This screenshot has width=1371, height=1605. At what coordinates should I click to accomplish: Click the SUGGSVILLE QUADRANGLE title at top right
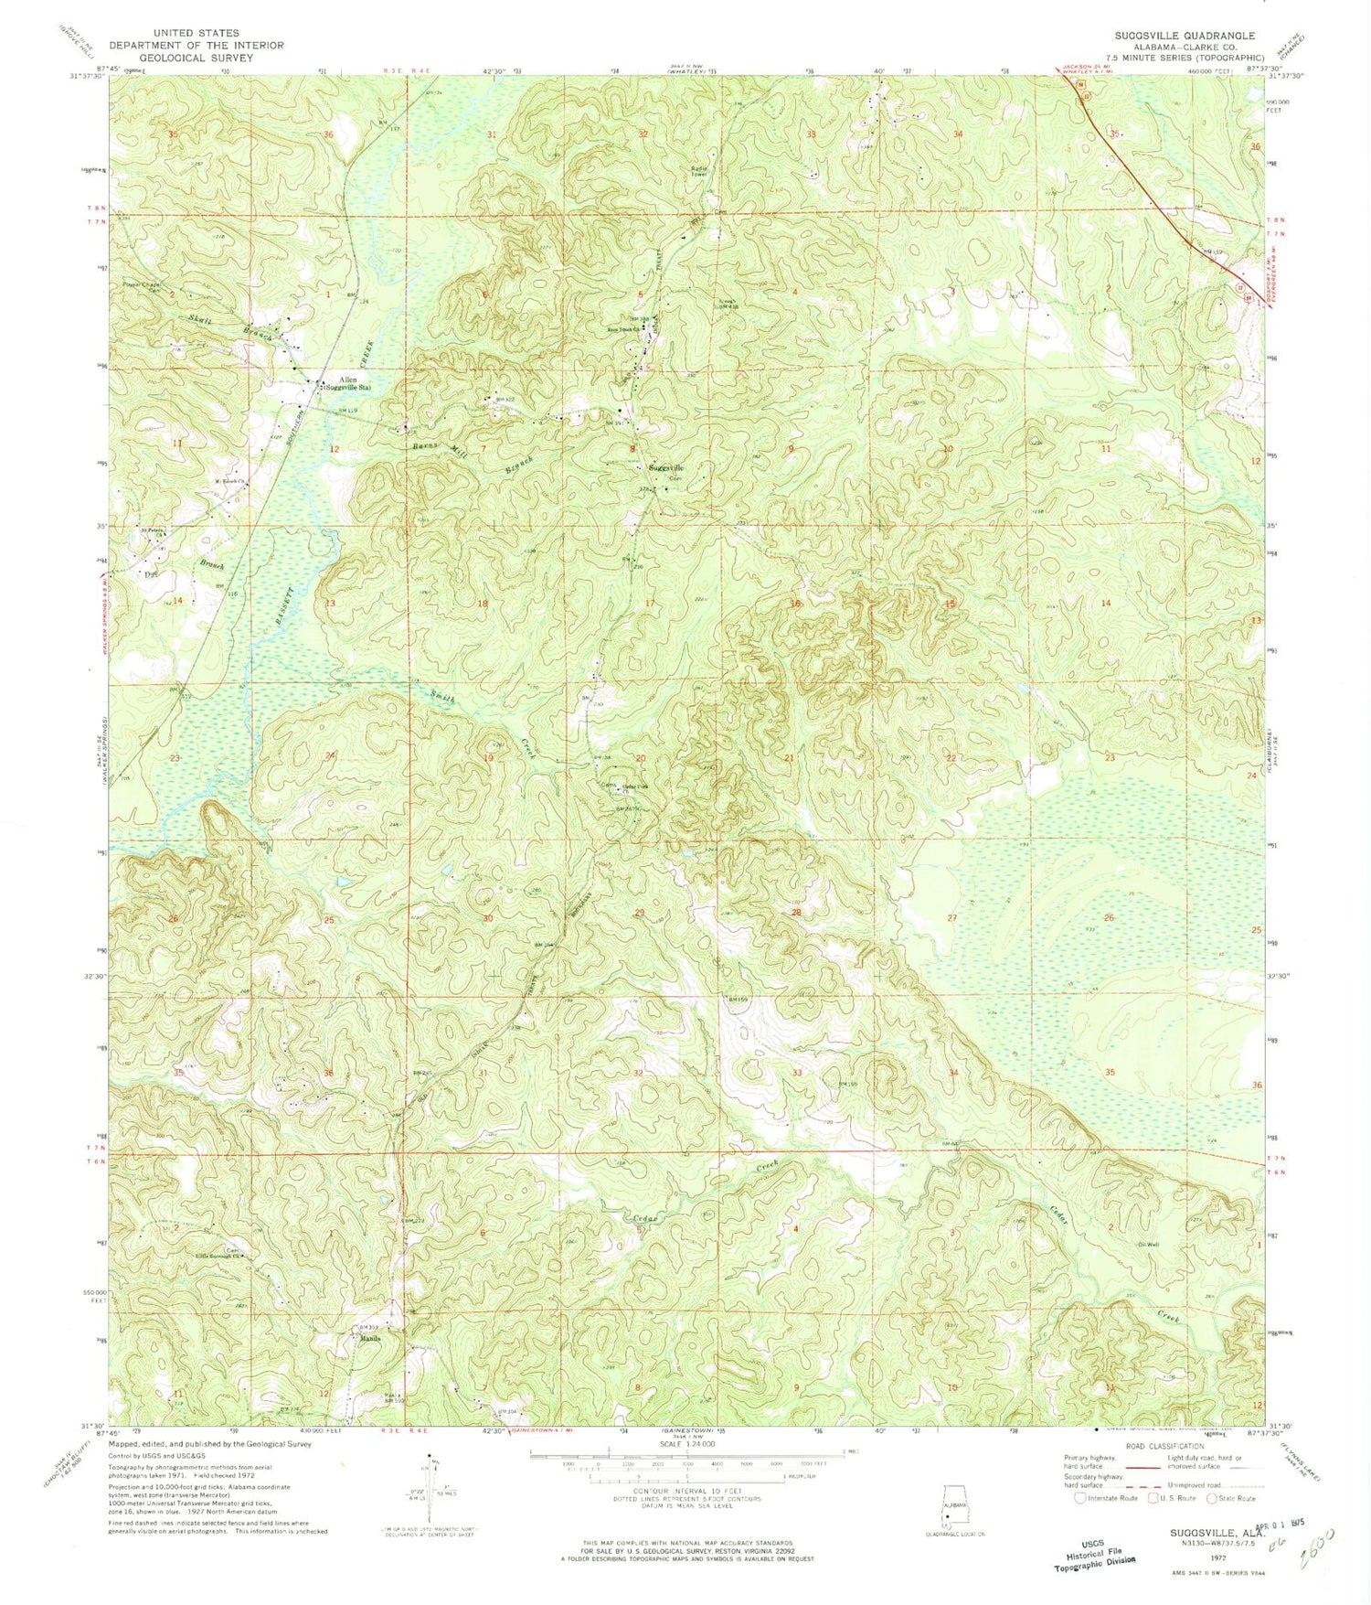pos(1184,35)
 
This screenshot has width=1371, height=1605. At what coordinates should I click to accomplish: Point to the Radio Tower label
pos(700,172)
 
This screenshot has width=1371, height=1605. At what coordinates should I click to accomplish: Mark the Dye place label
pos(151,574)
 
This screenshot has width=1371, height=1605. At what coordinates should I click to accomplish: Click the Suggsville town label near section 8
pos(665,468)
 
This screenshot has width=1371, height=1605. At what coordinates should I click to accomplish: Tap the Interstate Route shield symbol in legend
pos(1080,1498)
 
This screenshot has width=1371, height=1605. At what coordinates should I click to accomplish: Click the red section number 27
pos(951,917)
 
